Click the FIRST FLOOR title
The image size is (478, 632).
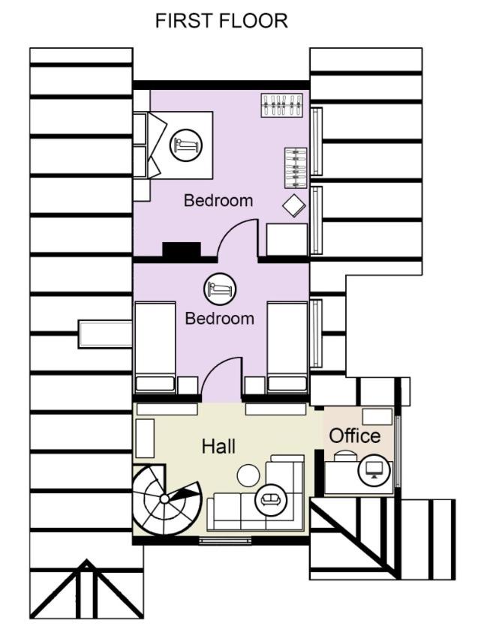click(x=221, y=22)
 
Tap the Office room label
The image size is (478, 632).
click(x=355, y=436)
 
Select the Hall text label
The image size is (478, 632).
click(x=218, y=446)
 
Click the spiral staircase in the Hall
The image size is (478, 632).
click(x=165, y=498)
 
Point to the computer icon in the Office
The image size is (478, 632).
click(x=373, y=470)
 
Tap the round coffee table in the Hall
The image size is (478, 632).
click(x=248, y=475)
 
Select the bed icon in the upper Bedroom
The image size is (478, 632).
click(x=185, y=143)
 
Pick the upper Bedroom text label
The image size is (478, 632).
click(x=218, y=201)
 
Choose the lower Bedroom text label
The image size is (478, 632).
click(x=220, y=318)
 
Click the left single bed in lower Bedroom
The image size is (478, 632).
click(x=155, y=346)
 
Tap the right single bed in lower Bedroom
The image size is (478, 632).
click(x=287, y=346)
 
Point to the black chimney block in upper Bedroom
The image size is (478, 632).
click(x=181, y=250)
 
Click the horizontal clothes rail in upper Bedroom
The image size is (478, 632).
click(x=281, y=105)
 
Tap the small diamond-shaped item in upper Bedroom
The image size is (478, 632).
click(x=293, y=205)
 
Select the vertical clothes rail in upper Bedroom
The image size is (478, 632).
click(x=295, y=168)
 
